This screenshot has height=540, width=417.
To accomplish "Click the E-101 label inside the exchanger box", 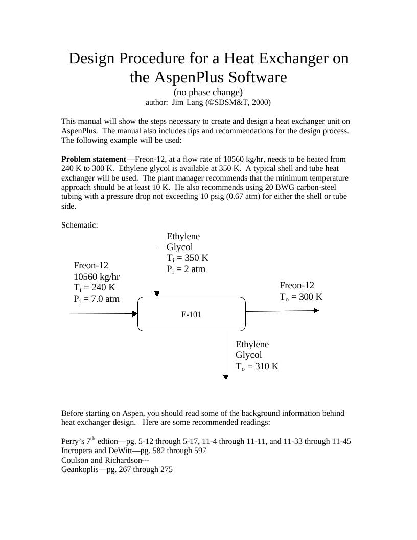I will click(x=191, y=314).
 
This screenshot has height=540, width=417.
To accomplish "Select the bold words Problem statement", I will click(x=94, y=159).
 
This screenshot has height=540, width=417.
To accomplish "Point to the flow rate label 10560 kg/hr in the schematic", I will click(x=97, y=277).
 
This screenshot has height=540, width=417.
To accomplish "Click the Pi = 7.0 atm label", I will click(x=97, y=299).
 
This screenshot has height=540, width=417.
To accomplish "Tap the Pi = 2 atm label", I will click(x=186, y=269).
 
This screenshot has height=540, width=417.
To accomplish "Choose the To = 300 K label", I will click(x=301, y=297).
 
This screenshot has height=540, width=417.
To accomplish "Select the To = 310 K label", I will click(x=257, y=366).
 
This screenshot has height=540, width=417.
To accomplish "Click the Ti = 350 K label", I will click(x=188, y=258).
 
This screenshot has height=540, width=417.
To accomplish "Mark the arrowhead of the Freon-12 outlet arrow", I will click(x=316, y=310).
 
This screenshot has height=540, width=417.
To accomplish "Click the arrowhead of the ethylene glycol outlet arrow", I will click(x=226, y=377).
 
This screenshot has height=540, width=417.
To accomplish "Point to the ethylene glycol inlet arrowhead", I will click(x=157, y=294).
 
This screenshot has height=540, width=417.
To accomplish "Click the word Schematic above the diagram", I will click(x=79, y=225).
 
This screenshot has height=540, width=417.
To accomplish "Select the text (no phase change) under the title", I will click(x=208, y=92).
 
